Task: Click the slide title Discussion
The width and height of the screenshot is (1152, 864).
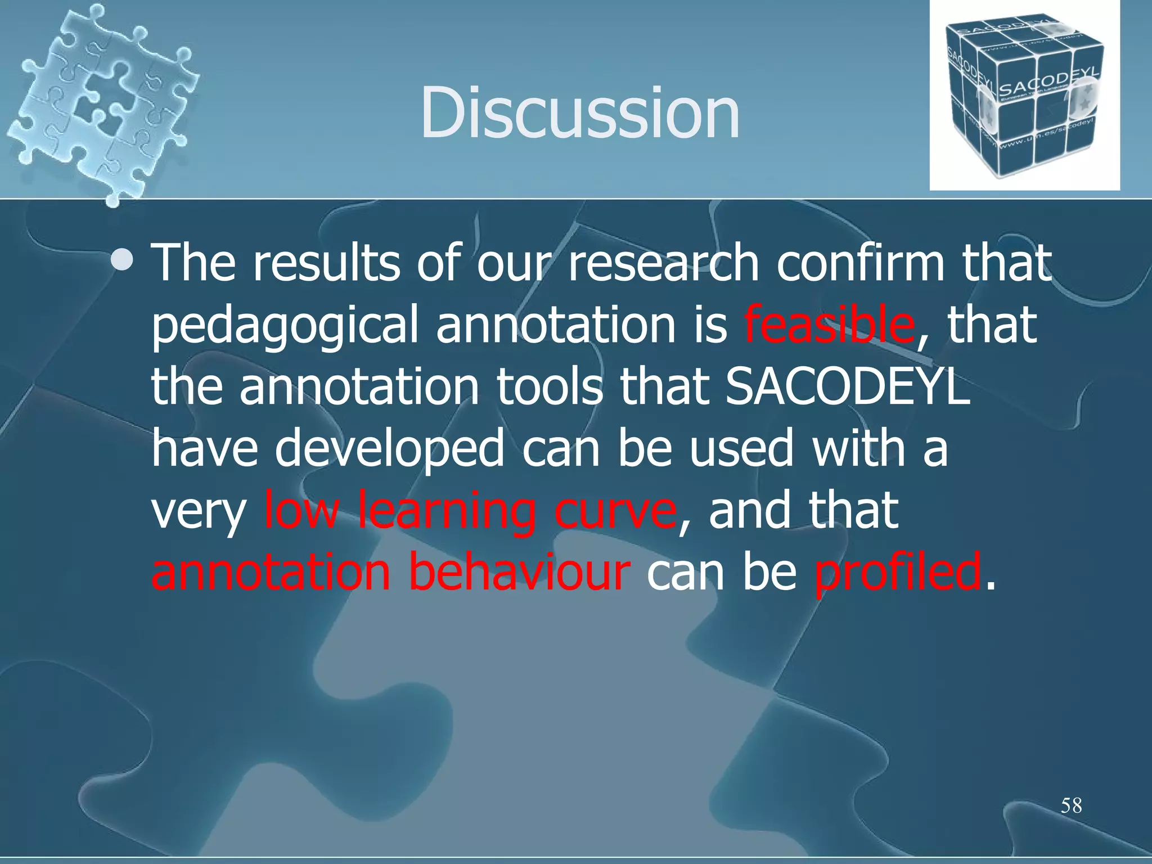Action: tap(579, 112)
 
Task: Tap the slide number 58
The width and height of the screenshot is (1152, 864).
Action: tap(1071, 805)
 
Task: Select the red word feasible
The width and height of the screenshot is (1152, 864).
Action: tap(829, 325)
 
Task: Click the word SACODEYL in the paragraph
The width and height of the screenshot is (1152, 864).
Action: tap(847, 386)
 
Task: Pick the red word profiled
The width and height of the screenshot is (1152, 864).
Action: tap(898, 573)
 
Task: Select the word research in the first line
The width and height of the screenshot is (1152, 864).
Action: tap(663, 263)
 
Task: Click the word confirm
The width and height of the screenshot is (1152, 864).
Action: tap(860, 263)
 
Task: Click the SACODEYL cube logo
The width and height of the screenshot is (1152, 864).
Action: tap(1024, 96)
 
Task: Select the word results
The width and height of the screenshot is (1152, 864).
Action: tap(326, 263)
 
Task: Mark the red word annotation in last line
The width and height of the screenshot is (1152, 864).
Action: tap(271, 573)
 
